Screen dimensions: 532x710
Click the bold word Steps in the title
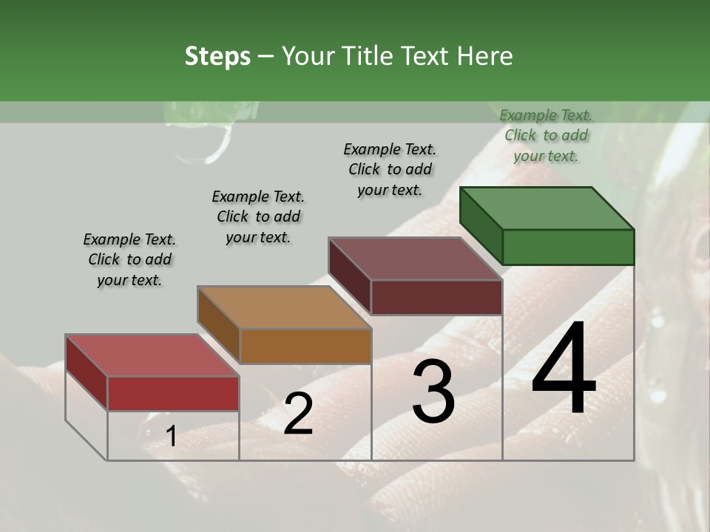(217, 56)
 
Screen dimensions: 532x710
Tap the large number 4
(564, 369)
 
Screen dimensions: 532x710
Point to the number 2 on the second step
(298, 414)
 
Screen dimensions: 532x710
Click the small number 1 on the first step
(171, 437)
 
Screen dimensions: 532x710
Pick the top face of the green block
(547, 208)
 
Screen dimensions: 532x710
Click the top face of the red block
(152, 355)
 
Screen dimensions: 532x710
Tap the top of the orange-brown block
(283, 307)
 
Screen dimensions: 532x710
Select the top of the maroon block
(415, 259)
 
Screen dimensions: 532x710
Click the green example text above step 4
(546, 135)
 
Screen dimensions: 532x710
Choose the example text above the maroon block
(390, 169)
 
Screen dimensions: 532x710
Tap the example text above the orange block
(258, 216)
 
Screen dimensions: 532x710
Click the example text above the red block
(129, 259)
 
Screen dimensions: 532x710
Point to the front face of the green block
(568, 247)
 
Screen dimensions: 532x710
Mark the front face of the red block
(173, 393)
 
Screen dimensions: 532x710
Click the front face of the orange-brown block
(305, 346)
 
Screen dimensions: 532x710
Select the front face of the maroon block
(436, 297)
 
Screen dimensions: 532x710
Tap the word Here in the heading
(487, 56)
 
